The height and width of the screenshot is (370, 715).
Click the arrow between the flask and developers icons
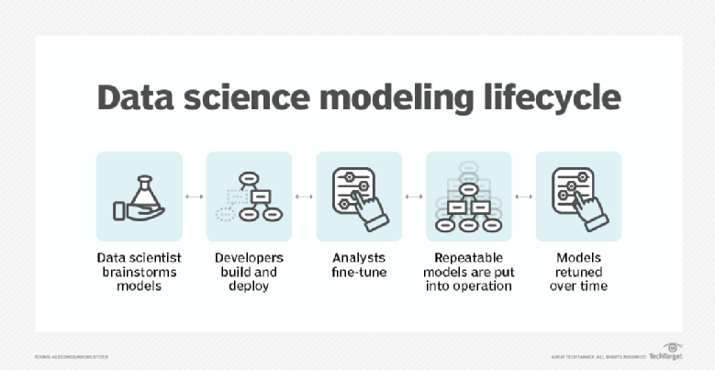tap(194, 196)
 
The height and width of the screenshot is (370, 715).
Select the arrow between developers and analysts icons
tap(304, 196)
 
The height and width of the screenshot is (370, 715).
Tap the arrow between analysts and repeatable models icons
tap(414, 196)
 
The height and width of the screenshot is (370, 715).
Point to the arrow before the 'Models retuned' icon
tap(524, 196)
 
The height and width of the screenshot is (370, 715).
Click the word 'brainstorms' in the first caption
tap(139, 272)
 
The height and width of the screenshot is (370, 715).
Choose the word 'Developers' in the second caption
tap(248, 257)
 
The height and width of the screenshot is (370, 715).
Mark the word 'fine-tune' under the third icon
tap(358, 272)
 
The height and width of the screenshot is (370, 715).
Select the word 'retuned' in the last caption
tap(578, 272)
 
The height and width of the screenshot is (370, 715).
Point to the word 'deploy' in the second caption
tap(249, 286)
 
